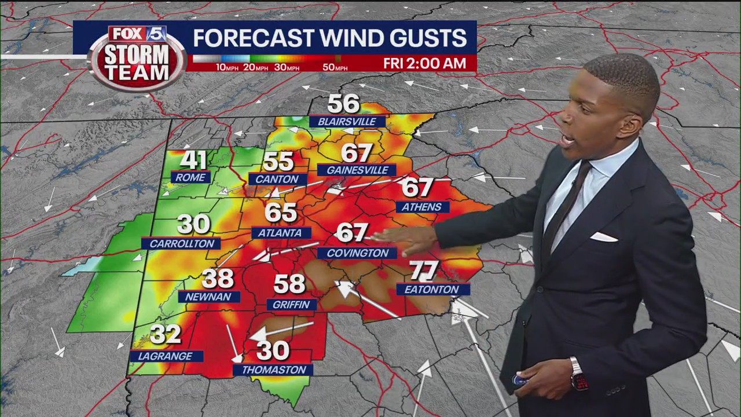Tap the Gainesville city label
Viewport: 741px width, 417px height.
coord(357,170)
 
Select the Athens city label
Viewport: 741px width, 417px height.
coord(422,207)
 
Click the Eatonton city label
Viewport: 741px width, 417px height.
coord(432,290)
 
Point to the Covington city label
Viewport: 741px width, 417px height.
coord(357,253)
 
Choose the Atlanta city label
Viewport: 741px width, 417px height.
coord(281,233)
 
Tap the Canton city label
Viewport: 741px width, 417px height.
coord(277,180)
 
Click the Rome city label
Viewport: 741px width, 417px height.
coord(190,177)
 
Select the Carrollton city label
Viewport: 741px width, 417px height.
coord(181,244)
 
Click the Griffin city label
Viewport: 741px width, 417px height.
coord(292,305)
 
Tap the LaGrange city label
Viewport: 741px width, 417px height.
coord(166,356)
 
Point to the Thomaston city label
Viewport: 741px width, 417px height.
coord(273,370)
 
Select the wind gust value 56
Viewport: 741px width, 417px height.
coord(344,104)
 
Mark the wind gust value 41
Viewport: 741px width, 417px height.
coord(194,160)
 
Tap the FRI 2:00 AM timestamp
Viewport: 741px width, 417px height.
coord(424,64)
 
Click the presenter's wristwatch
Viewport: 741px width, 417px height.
coord(578,374)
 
